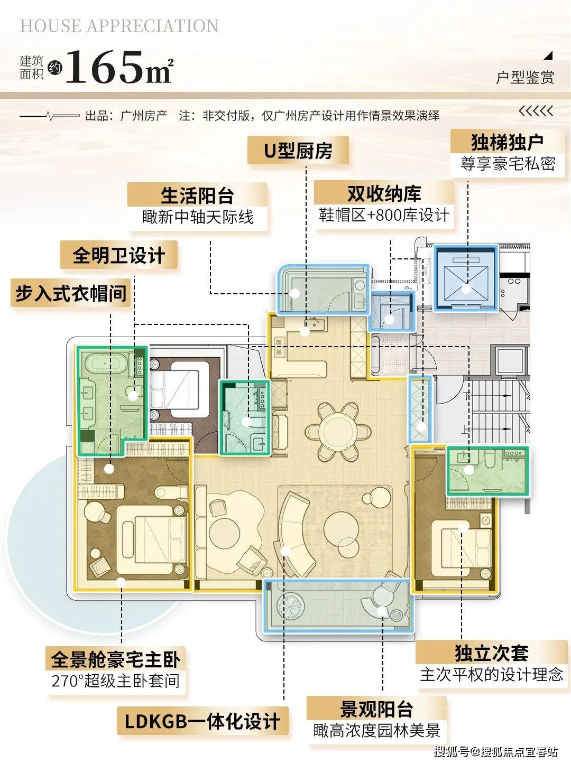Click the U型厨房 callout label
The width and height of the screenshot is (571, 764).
[x=298, y=151]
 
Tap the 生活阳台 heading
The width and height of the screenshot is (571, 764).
[x=197, y=195]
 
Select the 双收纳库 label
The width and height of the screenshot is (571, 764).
[x=384, y=193]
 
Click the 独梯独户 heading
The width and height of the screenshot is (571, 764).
[x=507, y=142]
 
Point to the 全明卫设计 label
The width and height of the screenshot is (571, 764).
[x=119, y=255]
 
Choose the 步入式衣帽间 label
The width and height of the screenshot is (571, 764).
[x=71, y=293]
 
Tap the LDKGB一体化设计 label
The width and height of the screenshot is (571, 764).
[x=202, y=721]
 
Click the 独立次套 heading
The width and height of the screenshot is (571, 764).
[x=491, y=653]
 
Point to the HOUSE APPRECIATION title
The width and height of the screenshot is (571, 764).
[x=119, y=26]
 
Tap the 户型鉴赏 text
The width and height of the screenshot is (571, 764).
[x=525, y=77]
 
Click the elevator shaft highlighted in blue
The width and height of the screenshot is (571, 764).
[x=466, y=278]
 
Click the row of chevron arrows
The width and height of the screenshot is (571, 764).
[x=536, y=111]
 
